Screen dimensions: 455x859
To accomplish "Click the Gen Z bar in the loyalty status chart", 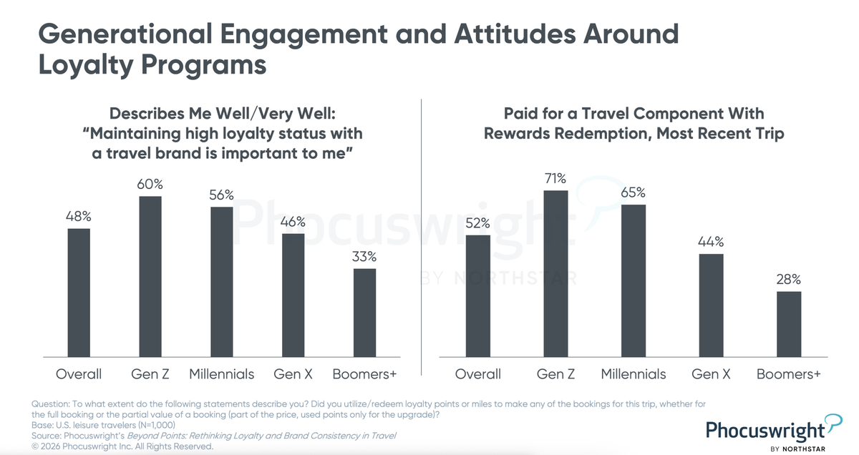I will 150,276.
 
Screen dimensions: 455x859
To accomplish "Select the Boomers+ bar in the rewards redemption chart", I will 788,324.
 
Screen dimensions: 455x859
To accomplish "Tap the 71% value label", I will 555,177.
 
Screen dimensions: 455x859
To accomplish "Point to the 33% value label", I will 364,256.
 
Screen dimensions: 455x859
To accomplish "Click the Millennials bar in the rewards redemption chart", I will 634,280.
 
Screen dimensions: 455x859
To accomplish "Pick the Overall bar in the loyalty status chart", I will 79,293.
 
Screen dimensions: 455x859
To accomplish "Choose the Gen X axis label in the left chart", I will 293,374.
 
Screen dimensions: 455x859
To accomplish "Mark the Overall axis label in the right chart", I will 478,374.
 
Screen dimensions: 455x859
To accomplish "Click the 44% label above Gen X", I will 711,241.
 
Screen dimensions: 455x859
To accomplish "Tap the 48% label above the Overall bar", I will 79,216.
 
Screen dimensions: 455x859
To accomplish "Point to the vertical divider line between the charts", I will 422,236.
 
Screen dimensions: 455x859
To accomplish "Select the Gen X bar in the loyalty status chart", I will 293,295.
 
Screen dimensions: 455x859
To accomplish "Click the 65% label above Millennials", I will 633,192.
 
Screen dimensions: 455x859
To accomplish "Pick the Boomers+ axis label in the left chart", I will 364,374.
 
